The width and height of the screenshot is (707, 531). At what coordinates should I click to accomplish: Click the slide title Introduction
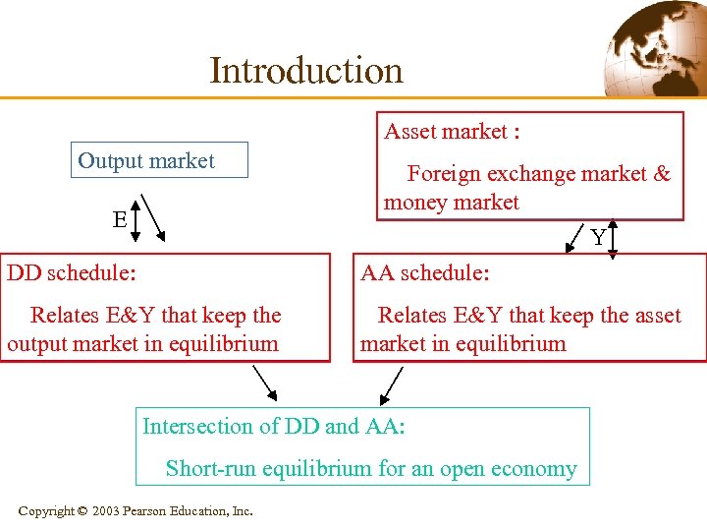click(x=305, y=70)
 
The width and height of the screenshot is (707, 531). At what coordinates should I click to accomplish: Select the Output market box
click(x=159, y=160)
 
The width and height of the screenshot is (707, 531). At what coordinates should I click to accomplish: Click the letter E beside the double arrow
click(x=119, y=219)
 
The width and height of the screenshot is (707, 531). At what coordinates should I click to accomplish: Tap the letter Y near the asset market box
click(x=597, y=237)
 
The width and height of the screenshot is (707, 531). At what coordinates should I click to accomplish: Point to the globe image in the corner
click(x=655, y=48)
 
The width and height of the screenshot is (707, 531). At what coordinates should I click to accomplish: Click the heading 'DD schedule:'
click(x=71, y=272)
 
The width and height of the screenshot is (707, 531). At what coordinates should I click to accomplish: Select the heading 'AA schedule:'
click(x=425, y=272)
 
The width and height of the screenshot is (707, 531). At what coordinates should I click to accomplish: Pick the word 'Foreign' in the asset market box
click(x=443, y=174)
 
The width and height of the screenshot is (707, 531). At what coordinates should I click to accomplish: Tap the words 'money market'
click(x=451, y=203)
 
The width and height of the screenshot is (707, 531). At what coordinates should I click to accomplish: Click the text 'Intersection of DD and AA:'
click(x=274, y=426)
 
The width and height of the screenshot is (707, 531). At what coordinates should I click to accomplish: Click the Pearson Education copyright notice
click(x=136, y=510)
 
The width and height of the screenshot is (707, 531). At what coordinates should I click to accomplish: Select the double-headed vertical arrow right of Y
click(x=613, y=238)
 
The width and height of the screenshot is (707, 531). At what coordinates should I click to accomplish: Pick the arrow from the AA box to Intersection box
click(x=391, y=384)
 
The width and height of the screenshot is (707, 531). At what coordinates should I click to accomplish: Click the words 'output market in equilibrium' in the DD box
click(x=142, y=344)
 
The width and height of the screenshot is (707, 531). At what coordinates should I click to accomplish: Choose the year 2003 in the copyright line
click(x=106, y=510)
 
